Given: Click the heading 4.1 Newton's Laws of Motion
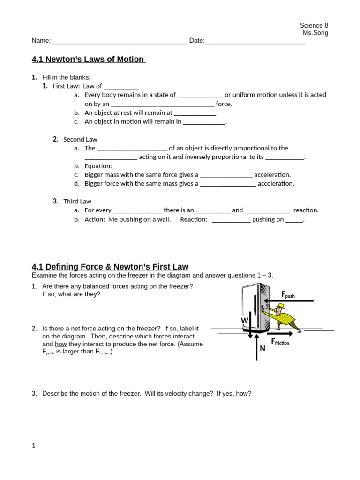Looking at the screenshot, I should pos(88,60).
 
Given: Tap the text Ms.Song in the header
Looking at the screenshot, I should pos(315,33).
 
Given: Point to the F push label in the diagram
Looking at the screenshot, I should pos(288,294).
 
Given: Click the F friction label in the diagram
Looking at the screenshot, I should pos(280,342).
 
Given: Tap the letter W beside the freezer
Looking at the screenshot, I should pos(244,321).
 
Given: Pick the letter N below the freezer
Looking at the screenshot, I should pos(262,349).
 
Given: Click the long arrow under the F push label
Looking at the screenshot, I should pos(288,301).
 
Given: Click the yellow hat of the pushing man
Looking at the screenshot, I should pos(280,307).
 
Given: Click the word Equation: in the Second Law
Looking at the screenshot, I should pos(98,166).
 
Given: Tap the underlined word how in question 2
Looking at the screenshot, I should pos(60,344).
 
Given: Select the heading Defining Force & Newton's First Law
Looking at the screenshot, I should pos(110,267).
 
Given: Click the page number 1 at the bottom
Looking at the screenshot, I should pos(34,446).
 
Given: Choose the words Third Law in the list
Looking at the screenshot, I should pos(77,202).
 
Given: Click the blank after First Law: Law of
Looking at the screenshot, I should pos(121,86).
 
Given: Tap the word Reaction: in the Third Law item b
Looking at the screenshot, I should pos(193,219).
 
